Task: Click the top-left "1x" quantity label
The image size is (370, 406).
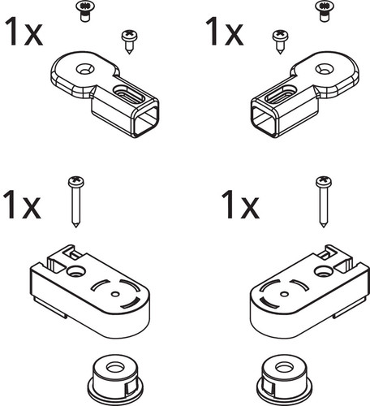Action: pyautogui.click(x=24, y=32)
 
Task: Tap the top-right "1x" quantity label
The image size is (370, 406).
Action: pyautogui.click(x=225, y=31)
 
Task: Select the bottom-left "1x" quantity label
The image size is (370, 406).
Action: pyautogui.click(x=22, y=205)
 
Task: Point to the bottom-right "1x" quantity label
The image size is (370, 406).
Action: pyautogui.click(x=240, y=205)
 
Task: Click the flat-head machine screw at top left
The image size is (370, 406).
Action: pyautogui.click(x=85, y=11)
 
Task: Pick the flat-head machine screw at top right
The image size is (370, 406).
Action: pyautogui.click(x=325, y=11)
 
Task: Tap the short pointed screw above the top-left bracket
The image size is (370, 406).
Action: pyautogui.click(x=130, y=42)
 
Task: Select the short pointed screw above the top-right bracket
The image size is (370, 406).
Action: pyautogui.click(x=280, y=42)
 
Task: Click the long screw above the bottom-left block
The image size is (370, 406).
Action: pyautogui.click(x=76, y=201)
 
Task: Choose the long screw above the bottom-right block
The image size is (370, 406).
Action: pyautogui.click(x=324, y=201)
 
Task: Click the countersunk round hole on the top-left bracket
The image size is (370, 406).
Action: pyautogui.click(x=85, y=69)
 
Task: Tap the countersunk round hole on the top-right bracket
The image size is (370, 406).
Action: pyautogui.click(x=325, y=69)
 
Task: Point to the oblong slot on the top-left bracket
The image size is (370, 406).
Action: pyautogui.click(x=129, y=94)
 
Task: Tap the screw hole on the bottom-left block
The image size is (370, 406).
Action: pyautogui.click(x=76, y=271)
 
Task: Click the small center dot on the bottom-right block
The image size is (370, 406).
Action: pyautogui.click(x=284, y=294)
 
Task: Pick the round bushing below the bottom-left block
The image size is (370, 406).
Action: pyautogui.click(x=115, y=379)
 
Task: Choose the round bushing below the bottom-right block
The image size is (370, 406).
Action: pyautogui.click(x=285, y=379)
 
